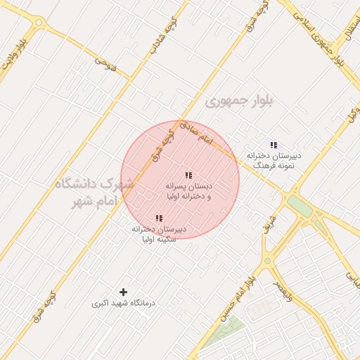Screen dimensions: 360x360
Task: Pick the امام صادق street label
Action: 195,132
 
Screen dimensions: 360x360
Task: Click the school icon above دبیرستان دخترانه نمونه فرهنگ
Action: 274,145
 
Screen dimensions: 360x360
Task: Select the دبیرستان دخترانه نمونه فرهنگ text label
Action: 274,159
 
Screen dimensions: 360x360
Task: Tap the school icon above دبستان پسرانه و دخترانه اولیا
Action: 188,175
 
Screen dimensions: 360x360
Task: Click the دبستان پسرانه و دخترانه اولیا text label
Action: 188,191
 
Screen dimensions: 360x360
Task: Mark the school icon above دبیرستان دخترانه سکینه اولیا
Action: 158,219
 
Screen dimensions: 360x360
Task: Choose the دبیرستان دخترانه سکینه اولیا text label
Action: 159,234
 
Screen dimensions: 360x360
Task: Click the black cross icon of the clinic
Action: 124,291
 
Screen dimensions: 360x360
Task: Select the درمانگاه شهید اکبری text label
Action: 124,304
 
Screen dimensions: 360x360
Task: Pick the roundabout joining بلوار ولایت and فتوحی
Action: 37,23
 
